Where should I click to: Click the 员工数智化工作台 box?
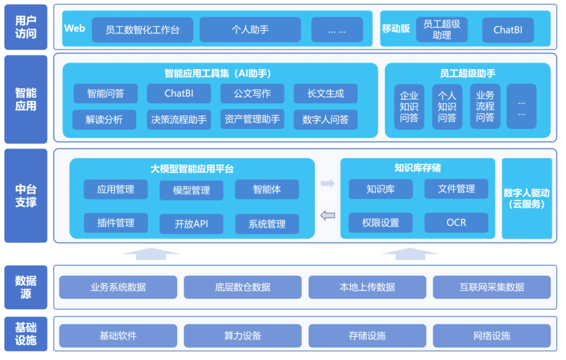[143, 30]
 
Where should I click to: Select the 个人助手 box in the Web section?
[250, 30]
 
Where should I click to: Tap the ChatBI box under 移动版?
[508, 30]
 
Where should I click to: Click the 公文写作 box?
[252, 94]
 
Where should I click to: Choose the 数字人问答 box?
[325, 119]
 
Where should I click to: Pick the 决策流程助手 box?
[179, 119]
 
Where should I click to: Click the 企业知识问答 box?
[409, 107]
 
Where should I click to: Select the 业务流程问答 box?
[485, 107]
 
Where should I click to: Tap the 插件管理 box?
[116, 223]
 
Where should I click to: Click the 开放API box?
[191, 224]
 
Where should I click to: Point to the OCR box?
[456, 223]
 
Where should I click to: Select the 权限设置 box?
[380, 223]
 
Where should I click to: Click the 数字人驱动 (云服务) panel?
[527, 199]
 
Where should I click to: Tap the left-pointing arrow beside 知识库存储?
[328, 215]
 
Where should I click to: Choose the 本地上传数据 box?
[367, 287]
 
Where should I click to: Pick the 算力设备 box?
[243, 336]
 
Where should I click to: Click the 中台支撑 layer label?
[26, 196]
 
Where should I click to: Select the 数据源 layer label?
[26, 287]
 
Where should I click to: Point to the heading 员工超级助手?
[467, 73]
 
